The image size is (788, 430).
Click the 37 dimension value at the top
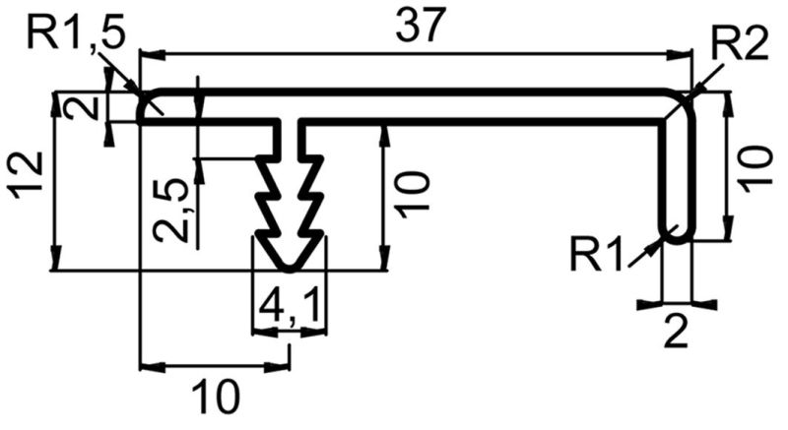point(422,25)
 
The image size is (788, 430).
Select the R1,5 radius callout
point(76,35)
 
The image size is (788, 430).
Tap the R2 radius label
point(741,44)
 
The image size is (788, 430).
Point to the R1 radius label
point(597,255)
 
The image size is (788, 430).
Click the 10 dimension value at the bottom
point(215,396)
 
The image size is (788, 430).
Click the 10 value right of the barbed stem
point(413,195)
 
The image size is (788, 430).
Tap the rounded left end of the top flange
point(143,105)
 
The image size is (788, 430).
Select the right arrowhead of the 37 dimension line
point(680,54)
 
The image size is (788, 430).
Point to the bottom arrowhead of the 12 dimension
point(56,258)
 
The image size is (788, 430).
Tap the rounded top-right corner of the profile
point(685,98)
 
